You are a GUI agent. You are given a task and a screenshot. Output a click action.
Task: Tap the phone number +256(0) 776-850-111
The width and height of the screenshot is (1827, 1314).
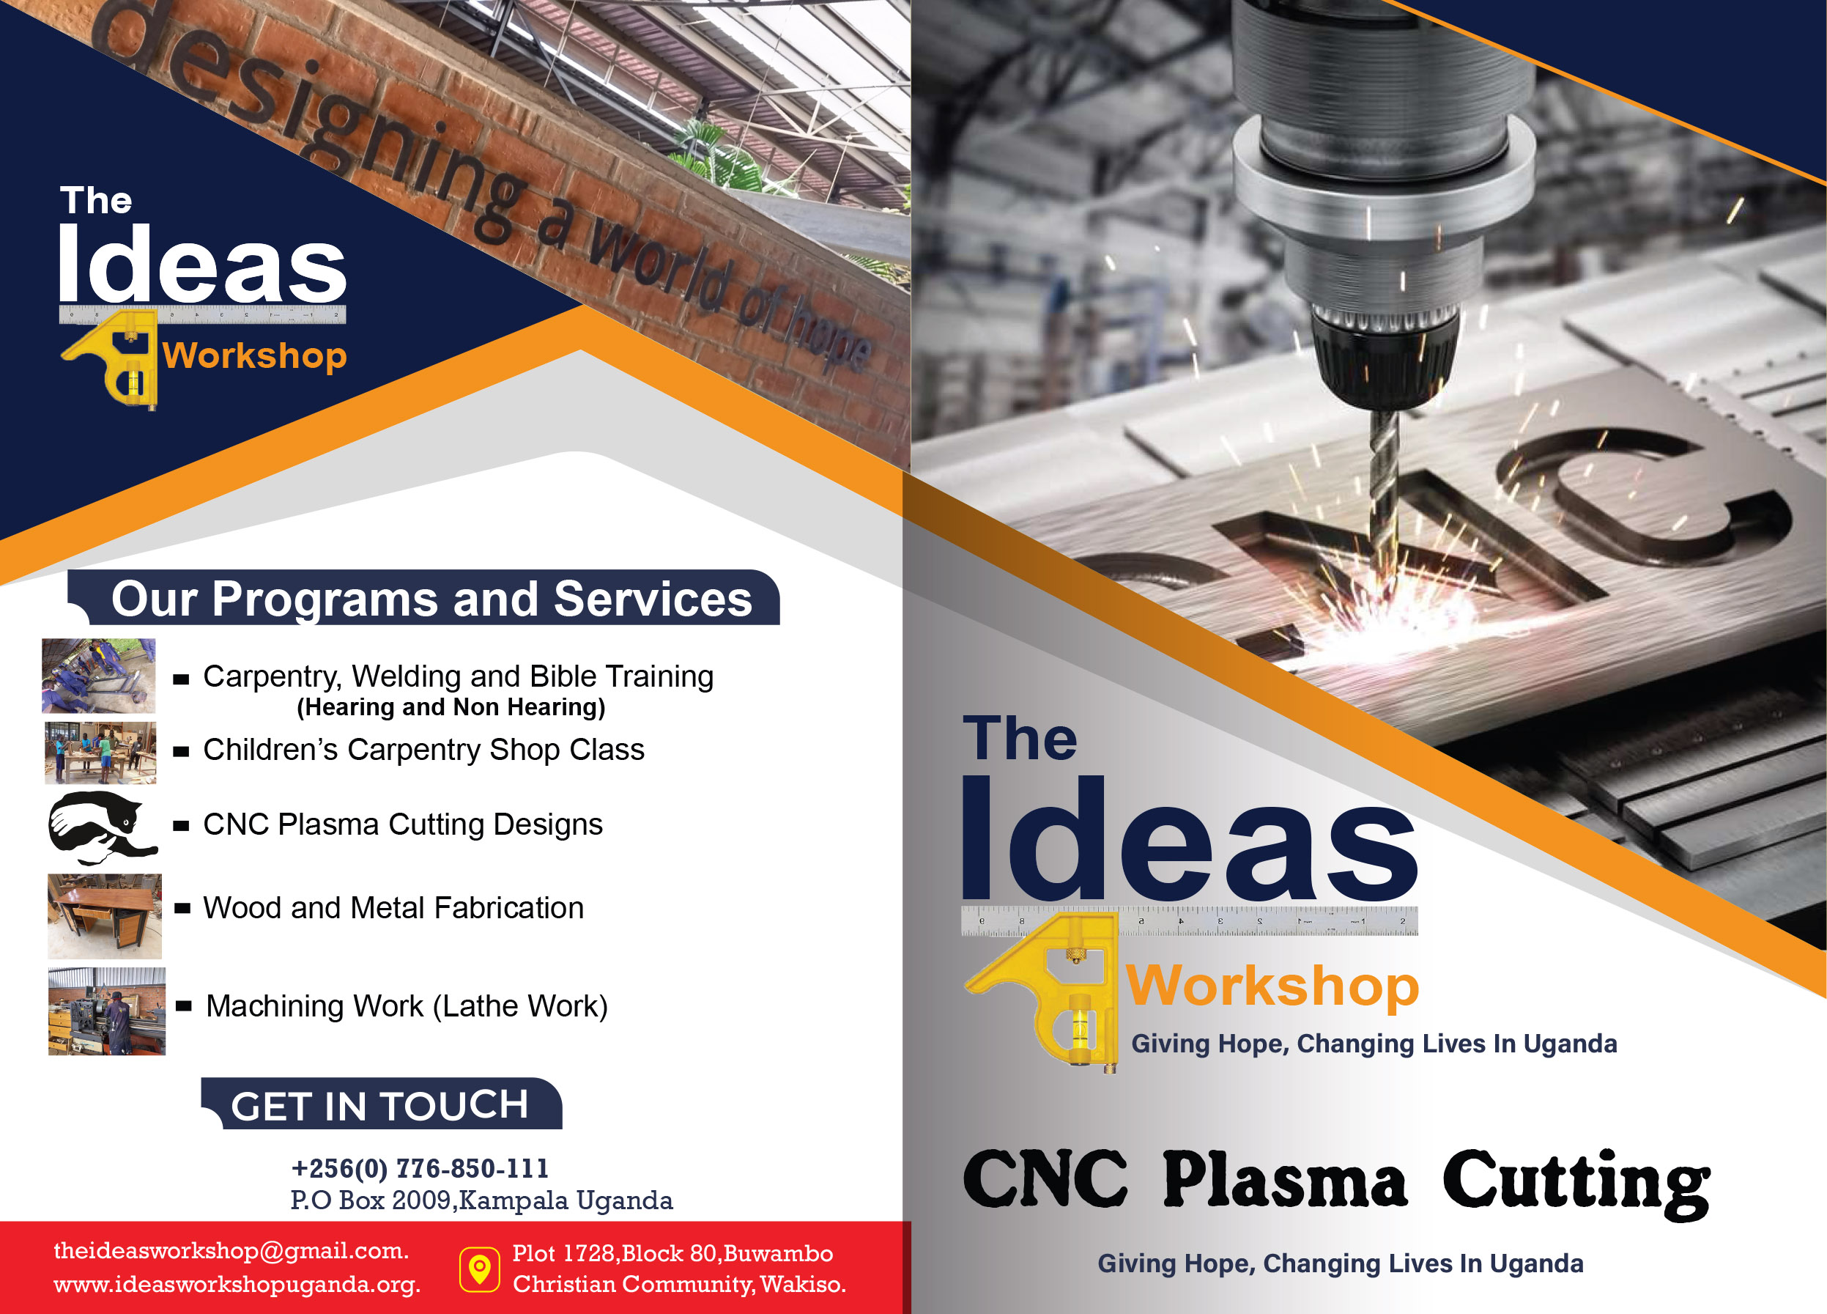(x=420, y=1167)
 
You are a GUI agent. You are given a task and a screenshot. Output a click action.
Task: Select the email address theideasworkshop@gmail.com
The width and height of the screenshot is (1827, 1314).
(x=231, y=1250)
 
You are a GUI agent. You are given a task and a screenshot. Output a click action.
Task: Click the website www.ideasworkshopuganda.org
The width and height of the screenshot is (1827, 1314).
(x=237, y=1284)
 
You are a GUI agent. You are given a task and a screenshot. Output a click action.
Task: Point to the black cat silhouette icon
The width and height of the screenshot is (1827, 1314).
(x=102, y=827)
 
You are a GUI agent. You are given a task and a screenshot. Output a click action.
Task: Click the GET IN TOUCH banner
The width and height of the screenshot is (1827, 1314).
(x=381, y=1104)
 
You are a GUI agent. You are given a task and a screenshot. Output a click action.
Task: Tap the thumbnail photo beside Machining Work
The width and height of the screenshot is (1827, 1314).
(x=106, y=1011)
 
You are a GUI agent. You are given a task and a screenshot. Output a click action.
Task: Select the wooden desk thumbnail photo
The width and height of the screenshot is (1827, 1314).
(x=105, y=916)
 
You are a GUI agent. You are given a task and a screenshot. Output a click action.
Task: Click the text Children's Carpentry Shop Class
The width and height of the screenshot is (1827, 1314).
(x=423, y=750)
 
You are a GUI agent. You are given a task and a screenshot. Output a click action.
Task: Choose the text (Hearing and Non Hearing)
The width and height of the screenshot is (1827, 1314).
(x=451, y=706)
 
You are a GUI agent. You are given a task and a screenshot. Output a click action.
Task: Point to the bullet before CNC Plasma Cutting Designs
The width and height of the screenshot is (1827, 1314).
(x=181, y=826)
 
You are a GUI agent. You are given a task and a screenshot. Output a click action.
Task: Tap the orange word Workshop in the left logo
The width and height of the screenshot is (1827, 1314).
(x=254, y=356)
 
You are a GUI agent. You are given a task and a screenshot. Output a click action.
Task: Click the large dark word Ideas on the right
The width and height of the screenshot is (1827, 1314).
(x=1189, y=838)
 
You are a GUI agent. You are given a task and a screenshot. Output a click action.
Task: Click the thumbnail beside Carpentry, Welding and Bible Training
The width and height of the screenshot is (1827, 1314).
(x=98, y=676)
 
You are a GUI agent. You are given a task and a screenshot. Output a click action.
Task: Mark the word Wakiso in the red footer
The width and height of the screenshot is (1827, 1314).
(x=802, y=1284)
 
